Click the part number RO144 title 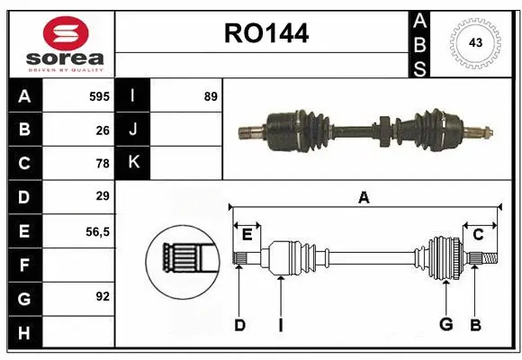pyautogui.click(x=265, y=34)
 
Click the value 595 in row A pyautogui.click(x=98, y=96)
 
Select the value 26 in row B pyautogui.click(x=102, y=130)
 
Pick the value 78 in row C pyautogui.click(x=102, y=164)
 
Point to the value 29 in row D pyautogui.click(x=102, y=196)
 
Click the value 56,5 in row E pyautogui.click(x=97, y=231)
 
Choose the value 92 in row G pyautogui.click(x=102, y=294)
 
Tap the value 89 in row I pyautogui.click(x=210, y=96)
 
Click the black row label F pyautogui.click(x=23, y=265)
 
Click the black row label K pyautogui.click(x=134, y=163)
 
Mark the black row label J pyautogui.click(x=134, y=130)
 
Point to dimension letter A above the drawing pyautogui.click(x=364, y=197)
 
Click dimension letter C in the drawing pyautogui.click(x=478, y=234)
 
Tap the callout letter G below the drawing pyautogui.click(x=445, y=325)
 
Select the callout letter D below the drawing pyautogui.click(x=239, y=325)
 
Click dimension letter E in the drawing pyautogui.click(x=247, y=234)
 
